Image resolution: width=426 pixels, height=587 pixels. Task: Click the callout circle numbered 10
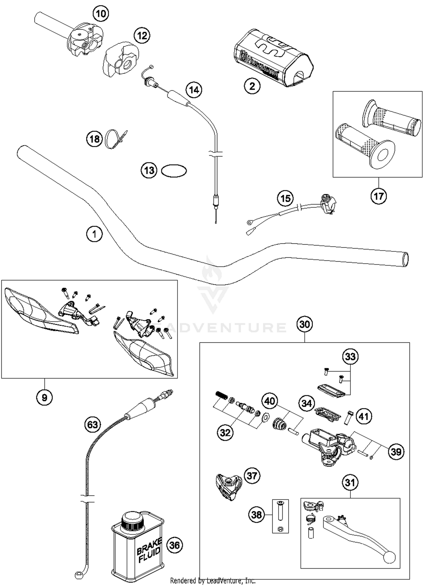pos(101,13)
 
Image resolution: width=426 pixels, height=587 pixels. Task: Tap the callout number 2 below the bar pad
pos(252,86)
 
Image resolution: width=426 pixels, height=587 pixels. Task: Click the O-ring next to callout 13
pos(174,171)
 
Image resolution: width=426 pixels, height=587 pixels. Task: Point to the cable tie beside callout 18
pos(115,139)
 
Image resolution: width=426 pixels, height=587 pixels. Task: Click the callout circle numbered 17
pos(379,196)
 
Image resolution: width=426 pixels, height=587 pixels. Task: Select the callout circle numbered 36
pos(174,545)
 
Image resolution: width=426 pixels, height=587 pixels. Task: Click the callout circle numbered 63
pos(93,425)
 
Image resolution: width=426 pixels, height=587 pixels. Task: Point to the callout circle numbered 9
pos(44,397)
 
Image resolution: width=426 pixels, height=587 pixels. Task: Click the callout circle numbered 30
pos(304,324)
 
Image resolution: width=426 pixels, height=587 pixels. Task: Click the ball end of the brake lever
pos(389,557)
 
